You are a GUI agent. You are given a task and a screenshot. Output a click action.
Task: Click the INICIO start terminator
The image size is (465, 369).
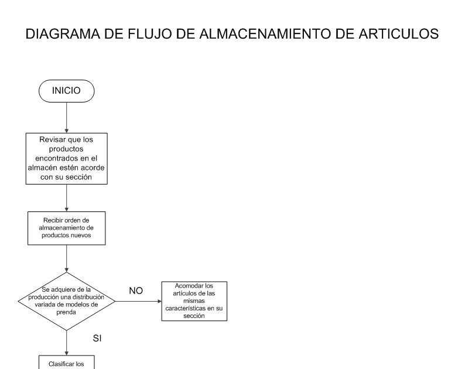(x=67, y=91)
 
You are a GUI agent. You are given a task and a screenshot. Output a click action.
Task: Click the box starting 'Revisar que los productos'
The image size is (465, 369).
(x=67, y=159)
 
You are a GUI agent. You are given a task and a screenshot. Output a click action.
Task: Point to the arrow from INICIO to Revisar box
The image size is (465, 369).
(x=67, y=117)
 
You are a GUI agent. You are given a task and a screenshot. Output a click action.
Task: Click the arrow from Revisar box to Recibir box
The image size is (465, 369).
(x=67, y=197)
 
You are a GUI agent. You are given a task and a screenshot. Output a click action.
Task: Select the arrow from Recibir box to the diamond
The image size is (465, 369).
(x=67, y=258)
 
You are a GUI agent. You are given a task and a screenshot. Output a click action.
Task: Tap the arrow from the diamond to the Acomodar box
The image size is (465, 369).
(x=138, y=301)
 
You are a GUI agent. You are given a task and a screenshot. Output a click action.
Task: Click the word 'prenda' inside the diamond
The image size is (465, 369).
(x=67, y=313)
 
